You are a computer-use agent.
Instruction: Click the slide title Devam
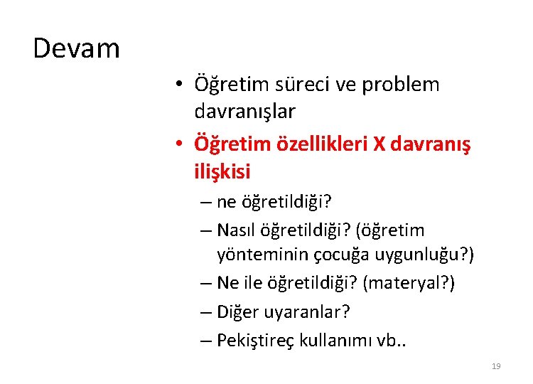(77, 48)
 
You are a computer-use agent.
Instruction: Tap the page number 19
(496, 366)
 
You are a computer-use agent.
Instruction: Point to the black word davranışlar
(245, 112)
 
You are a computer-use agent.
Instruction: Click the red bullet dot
(181, 144)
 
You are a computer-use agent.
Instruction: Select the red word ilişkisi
(222, 171)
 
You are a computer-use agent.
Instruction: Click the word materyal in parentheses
(405, 283)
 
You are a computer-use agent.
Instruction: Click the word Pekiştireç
(252, 340)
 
